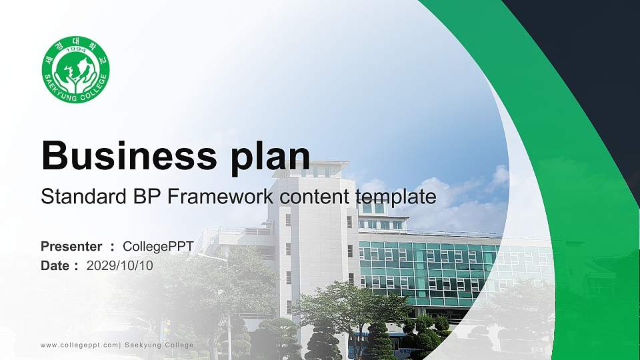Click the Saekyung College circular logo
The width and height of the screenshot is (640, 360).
click(x=75, y=69)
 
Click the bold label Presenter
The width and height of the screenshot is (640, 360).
click(x=71, y=247)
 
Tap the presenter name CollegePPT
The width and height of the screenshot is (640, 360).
click(x=158, y=247)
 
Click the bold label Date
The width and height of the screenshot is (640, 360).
click(x=55, y=265)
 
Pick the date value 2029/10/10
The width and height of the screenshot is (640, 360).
click(x=120, y=265)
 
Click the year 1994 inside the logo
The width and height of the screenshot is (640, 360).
click(x=75, y=51)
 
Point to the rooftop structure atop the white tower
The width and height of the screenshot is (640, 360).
click(x=320, y=168)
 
